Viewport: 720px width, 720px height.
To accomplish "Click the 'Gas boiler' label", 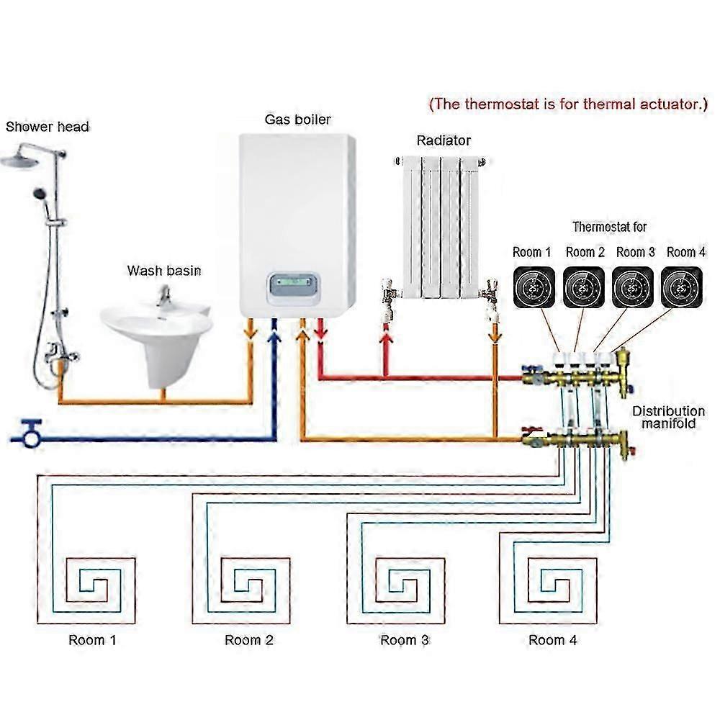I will click(x=297, y=119).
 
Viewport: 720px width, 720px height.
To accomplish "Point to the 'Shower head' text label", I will click(x=48, y=127).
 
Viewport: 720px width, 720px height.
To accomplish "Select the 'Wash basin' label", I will click(x=164, y=271).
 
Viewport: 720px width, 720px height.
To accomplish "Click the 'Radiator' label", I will click(x=444, y=140).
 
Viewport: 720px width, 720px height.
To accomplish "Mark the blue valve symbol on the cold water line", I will click(x=29, y=433).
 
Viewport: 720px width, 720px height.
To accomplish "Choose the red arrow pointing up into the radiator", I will click(x=386, y=333).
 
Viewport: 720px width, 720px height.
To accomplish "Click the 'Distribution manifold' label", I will click(x=667, y=418).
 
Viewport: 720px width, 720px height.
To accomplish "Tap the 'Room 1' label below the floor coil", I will click(x=92, y=639).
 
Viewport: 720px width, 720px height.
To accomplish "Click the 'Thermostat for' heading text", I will click(x=609, y=227).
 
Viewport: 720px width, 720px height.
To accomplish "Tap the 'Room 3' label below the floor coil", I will click(x=405, y=639).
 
